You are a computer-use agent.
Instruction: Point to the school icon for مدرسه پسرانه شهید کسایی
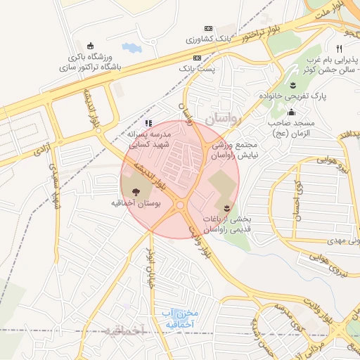click(148, 123)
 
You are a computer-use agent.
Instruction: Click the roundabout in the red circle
click(181, 205)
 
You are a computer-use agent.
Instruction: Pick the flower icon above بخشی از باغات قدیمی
click(227, 207)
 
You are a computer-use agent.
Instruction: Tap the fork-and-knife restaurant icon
click(339, 49)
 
